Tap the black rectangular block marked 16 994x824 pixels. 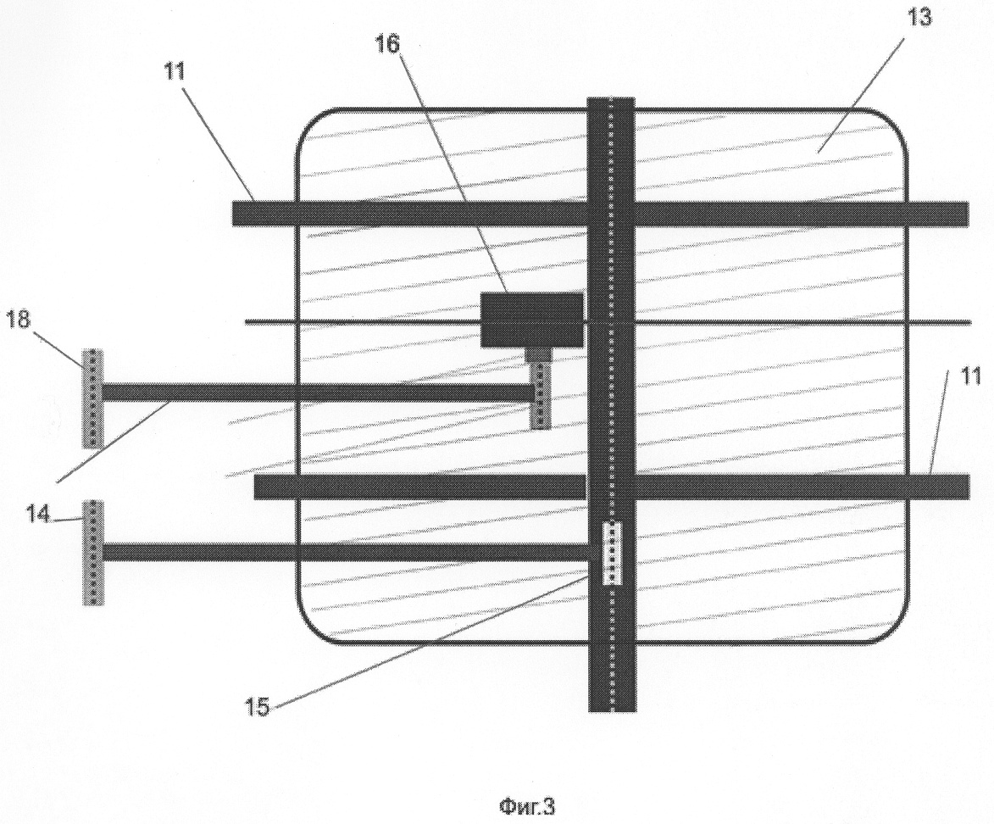[x=531, y=320]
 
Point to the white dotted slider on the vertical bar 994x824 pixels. [x=611, y=553]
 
